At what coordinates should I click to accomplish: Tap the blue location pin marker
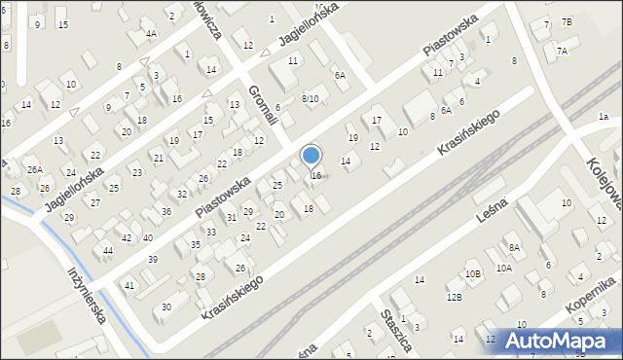[x=311, y=156]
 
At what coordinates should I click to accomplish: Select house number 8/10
[x=310, y=98]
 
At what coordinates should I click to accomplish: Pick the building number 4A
[x=151, y=33]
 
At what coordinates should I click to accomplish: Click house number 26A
[x=35, y=170]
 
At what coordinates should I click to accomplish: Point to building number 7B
[x=567, y=21]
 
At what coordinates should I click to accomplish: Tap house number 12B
[x=454, y=297]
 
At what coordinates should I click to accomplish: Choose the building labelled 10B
[x=473, y=274]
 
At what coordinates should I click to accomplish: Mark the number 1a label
[x=604, y=117]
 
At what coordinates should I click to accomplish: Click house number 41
[x=129, y=285]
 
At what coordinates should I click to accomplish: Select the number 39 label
[x=153, y=259]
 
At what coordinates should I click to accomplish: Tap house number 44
[x=108, y=251]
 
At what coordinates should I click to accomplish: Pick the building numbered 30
[x=166, y=307]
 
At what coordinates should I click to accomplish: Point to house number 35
[x=196, y=244]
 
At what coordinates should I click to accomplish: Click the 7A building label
[x=562, y=51]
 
